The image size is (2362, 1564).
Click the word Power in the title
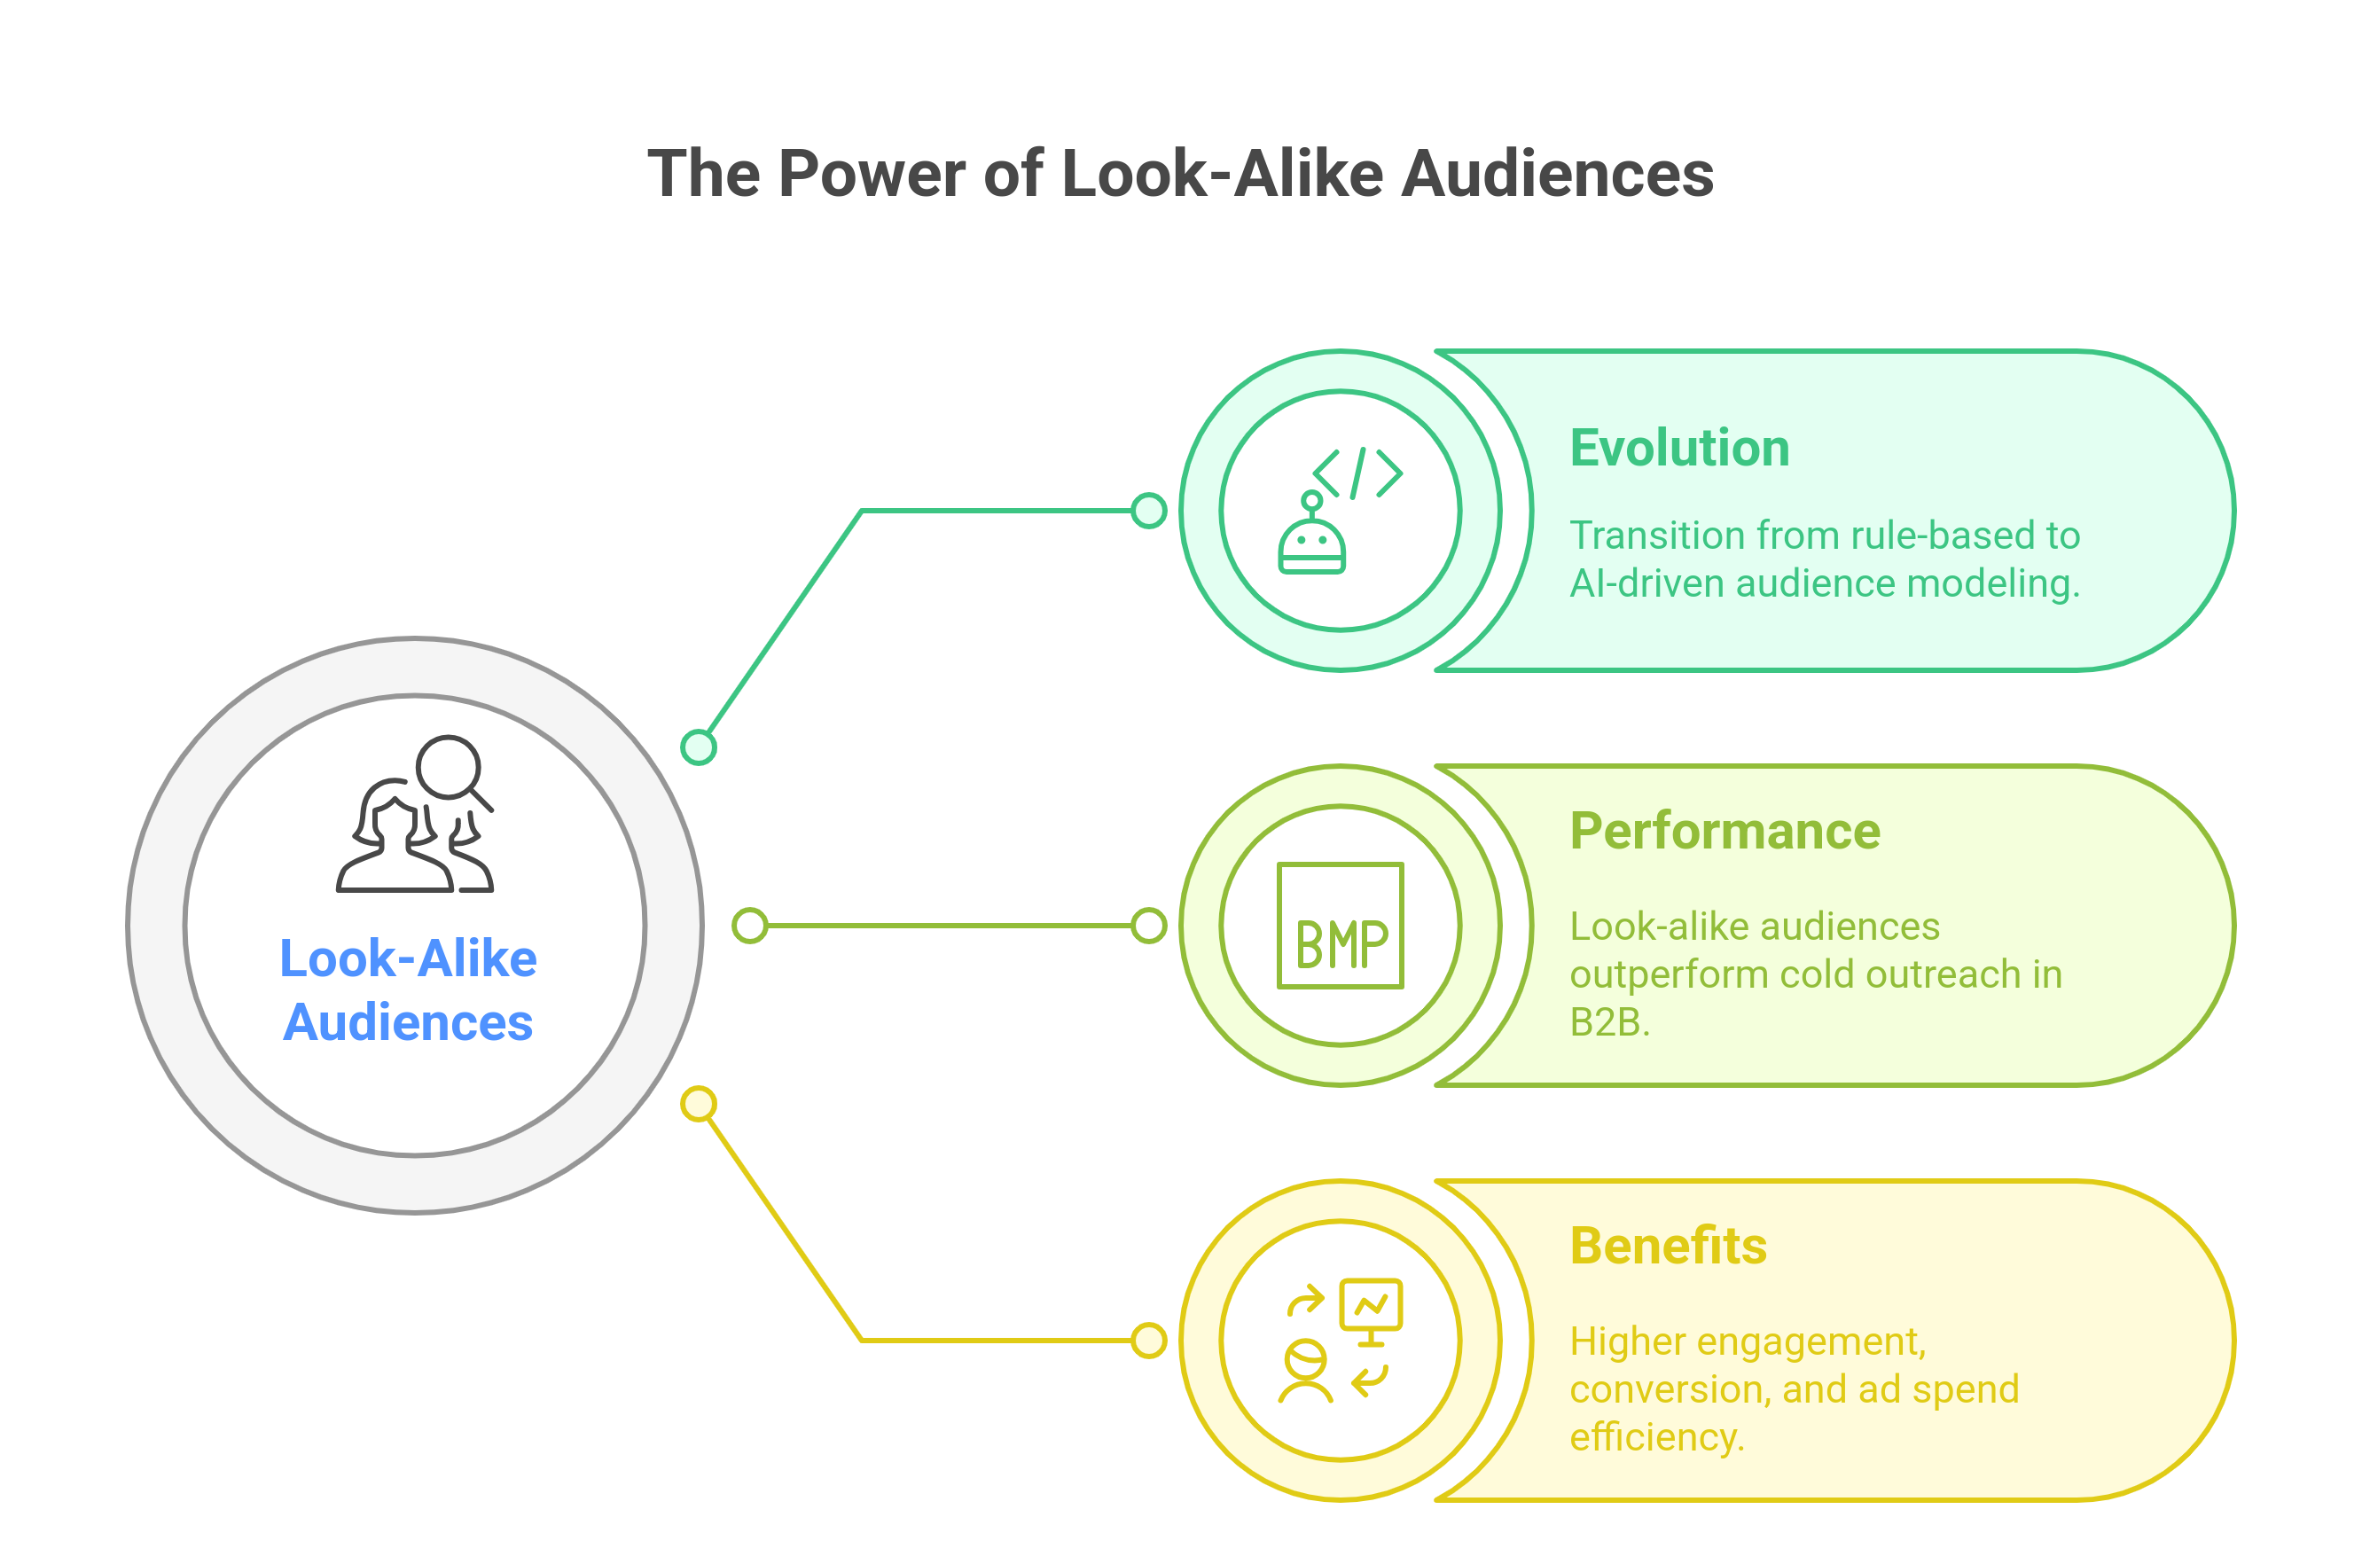(871, 175)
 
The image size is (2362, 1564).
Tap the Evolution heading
(1678, 448)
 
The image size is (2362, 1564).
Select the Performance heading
(1725, 831)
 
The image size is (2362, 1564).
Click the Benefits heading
(1668, 1246)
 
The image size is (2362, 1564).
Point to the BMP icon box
(1341, 926)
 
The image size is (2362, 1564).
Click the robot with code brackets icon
(1341, 511)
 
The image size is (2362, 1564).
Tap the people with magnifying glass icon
(415, 815)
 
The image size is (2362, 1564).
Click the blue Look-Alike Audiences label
(408, 990)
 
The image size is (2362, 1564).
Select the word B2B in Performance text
(1608, 1022)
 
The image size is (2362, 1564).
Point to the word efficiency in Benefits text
(1656, 1437)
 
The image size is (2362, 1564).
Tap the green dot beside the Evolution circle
(1149, 511)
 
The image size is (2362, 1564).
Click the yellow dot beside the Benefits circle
(1149, 1341)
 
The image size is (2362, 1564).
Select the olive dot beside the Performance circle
(1149, 926)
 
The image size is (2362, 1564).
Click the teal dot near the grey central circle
(699, 747)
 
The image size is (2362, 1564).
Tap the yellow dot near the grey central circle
(699, 1104)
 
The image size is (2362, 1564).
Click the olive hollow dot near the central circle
(750, 926)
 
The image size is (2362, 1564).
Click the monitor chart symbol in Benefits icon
(1371, 1309)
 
